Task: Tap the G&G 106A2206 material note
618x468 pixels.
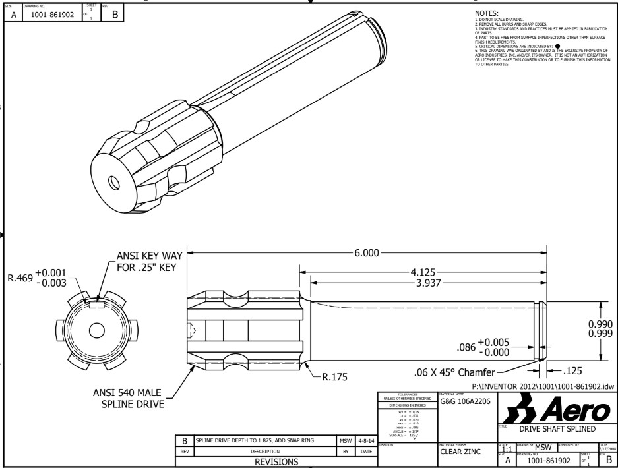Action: click(464, 401)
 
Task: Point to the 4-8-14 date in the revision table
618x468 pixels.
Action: click(363, 439)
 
